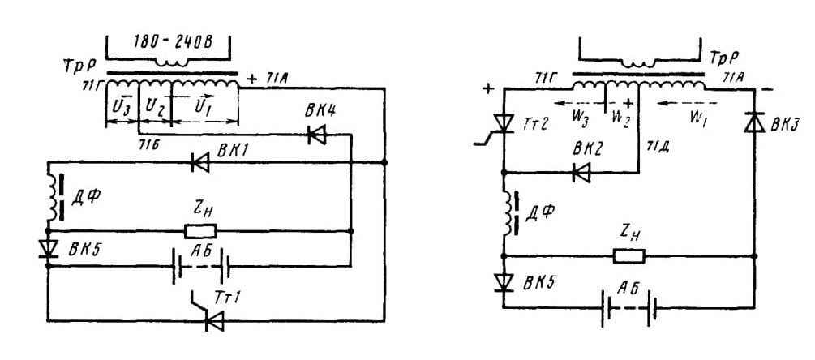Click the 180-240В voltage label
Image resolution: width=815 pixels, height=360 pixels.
click(x=168, y=42)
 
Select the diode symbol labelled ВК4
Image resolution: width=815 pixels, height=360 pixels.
click(x=316, y=135)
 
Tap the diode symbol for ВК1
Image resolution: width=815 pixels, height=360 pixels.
click(x=200, y=164)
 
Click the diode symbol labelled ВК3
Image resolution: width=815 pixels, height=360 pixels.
click(x=755, y=123)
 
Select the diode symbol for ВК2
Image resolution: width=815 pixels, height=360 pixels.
click(x=581, y=173)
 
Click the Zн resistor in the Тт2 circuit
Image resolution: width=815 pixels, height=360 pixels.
click(x=629, y=256)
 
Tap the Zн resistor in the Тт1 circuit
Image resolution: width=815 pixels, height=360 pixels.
click(x=200, y=230)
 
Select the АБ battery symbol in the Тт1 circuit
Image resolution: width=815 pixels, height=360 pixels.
click(x=200, y=267)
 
